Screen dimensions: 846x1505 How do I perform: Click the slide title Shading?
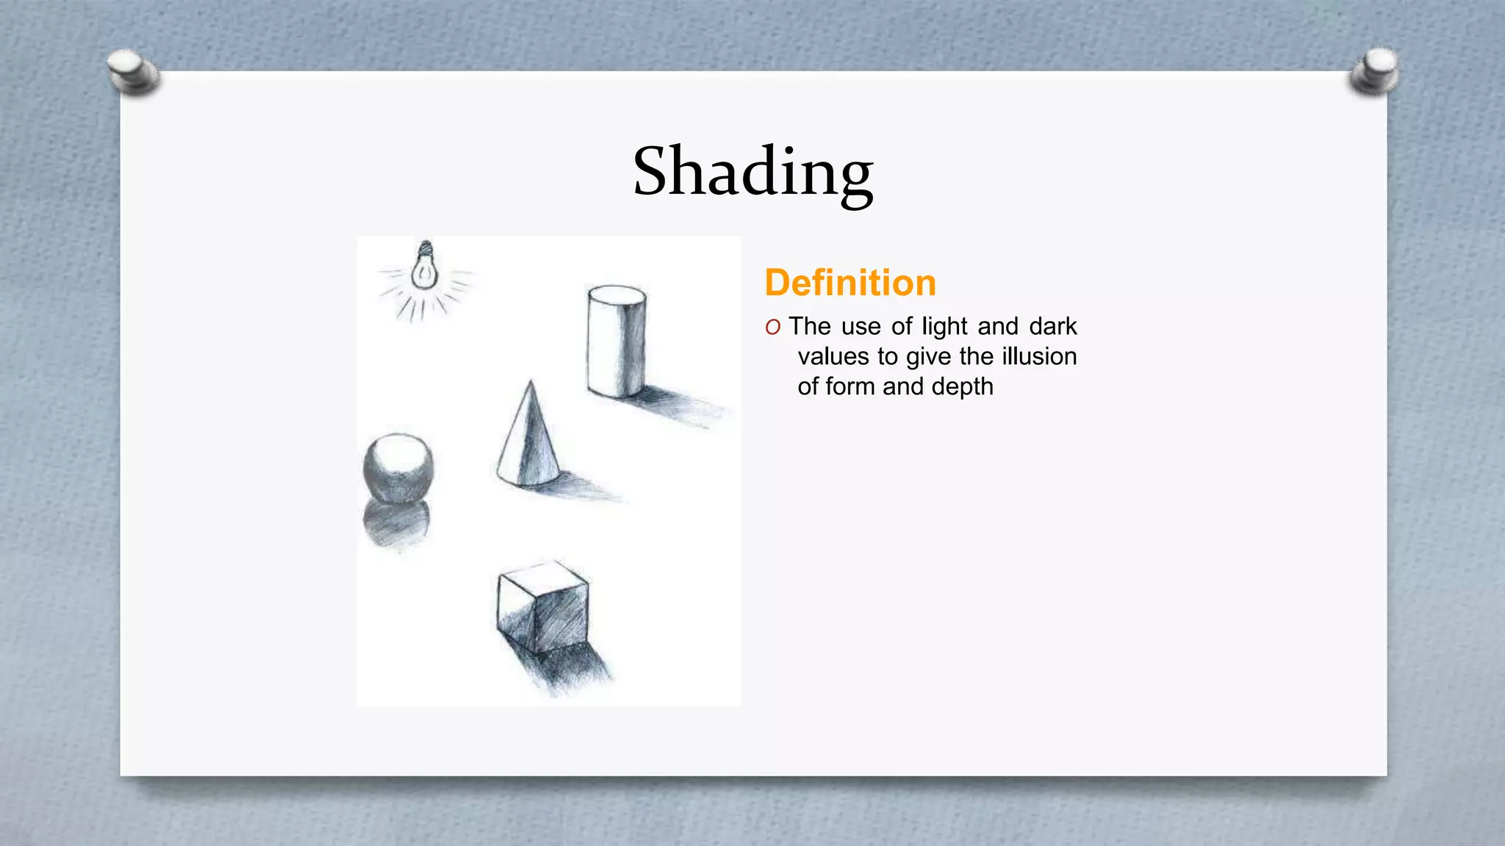tap(752, 173)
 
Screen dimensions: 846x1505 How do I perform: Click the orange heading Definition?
tap(850, 283)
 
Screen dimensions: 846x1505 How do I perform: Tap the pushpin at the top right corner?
tap(1375, 72)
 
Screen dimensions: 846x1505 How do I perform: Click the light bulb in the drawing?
tap(424, 268)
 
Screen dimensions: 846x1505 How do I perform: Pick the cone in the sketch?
tap(529, 444)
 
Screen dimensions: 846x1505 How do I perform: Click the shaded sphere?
tap(398, 468)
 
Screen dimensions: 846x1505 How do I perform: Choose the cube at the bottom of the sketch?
tap(542, 606)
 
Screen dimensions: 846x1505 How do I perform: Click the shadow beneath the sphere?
tap(397, 523)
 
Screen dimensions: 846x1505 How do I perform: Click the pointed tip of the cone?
tap(531, 383)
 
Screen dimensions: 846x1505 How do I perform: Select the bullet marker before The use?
tap(772, 328)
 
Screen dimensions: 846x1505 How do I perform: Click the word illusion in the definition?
tap(1039, 356)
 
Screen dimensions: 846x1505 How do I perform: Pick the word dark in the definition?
tap(1052, 326)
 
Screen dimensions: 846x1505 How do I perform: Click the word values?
tap(833, 357)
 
